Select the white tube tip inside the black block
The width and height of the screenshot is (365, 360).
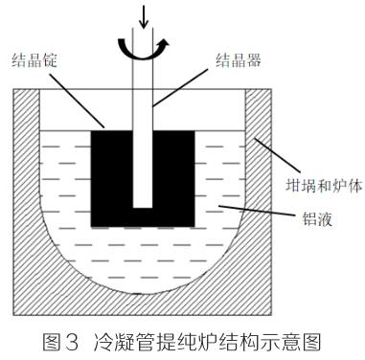click(144, 196)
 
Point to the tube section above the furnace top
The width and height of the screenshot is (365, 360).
click(144, 72)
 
